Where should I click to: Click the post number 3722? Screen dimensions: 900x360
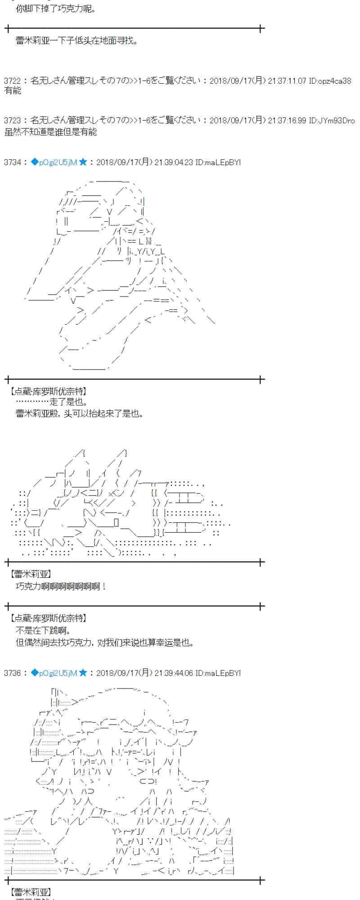(12, 81)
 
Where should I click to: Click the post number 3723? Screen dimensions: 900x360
(12, 121)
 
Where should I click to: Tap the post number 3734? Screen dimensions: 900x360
(12, 162)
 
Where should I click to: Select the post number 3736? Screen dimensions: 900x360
(12, 673)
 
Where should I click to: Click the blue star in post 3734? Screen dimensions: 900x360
(83, 162)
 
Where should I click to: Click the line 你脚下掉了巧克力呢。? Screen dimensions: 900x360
(56, 9)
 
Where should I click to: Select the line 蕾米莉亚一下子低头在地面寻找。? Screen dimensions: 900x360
(76, 41)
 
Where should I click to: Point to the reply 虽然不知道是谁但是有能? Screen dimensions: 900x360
(50, 132)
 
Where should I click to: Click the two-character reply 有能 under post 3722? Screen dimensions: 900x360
(13, 91)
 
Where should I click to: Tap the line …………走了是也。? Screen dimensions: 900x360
(52, 402)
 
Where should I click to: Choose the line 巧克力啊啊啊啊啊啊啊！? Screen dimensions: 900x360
(61, 586)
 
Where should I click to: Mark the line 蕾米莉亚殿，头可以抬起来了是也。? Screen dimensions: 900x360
(80, 413)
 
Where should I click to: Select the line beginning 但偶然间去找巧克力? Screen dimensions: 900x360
(105, 643)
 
